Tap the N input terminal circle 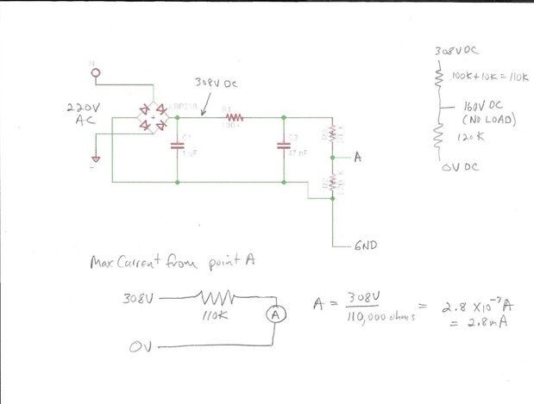96,72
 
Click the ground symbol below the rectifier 97,160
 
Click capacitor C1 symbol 177,146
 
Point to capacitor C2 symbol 284,146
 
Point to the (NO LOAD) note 488,120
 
